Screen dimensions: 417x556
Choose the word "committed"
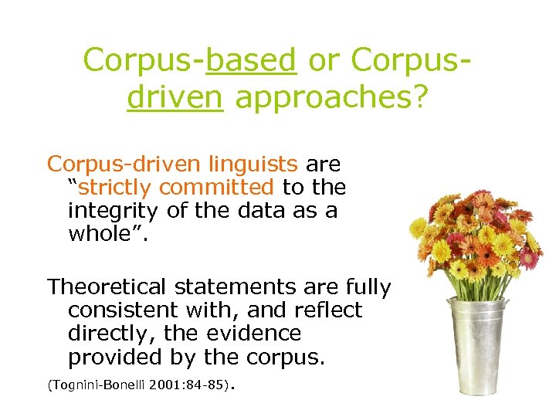(217, 188)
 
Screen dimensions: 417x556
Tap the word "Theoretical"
(107, 287)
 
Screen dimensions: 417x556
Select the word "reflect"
(328, 310)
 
